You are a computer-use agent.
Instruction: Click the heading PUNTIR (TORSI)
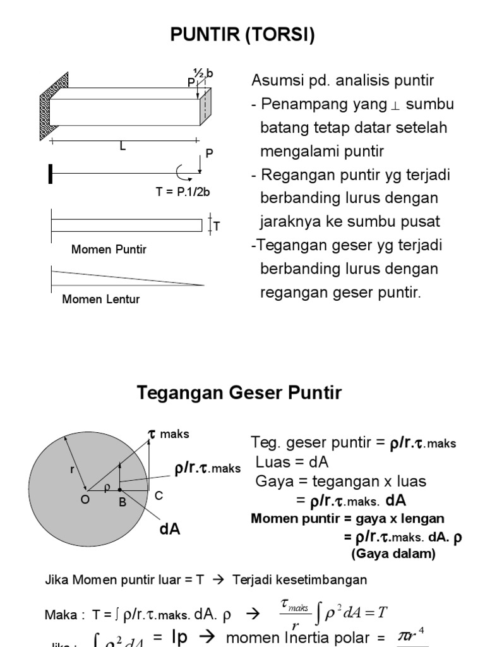242,36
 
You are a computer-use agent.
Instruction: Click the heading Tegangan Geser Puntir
239,393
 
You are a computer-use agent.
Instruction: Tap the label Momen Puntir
109,250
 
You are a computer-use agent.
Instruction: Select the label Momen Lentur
100,299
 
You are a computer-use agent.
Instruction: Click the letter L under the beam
123,147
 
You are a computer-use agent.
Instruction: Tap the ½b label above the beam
203,74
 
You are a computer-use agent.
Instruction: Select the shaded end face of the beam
205,106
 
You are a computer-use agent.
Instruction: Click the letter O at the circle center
85,499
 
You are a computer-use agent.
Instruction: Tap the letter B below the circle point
123,503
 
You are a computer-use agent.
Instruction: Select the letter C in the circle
159,497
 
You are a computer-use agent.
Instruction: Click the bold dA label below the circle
169,529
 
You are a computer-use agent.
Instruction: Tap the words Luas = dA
292,462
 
